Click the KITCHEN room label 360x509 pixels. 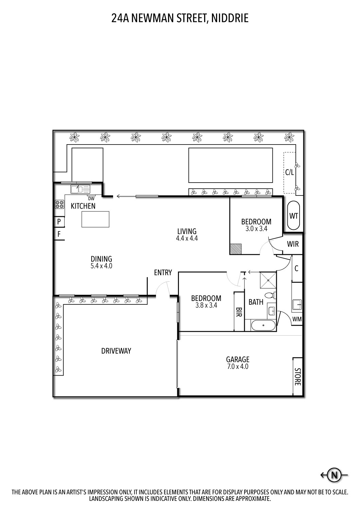[x=83, y=206]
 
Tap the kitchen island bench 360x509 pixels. [x=95, y=219]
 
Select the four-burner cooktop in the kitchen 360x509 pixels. [x=59, y=204]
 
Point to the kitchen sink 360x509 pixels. [x=80, y=189]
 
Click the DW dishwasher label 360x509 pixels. [x=91, y=199]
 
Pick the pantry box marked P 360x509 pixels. [x=59, y=222]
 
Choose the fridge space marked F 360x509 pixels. [x=59, y=234]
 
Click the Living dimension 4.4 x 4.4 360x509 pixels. [x=187, y=238]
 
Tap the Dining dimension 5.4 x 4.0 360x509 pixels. [x=101, y=266]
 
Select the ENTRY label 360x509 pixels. [x=163, y=272]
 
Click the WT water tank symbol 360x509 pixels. [x=293, y=216]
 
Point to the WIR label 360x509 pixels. [x=293, y=244]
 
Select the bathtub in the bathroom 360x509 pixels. [x=264, y=326]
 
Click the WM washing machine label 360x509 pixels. [x=297, y=319]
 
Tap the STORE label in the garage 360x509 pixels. [x=297, y=377]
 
